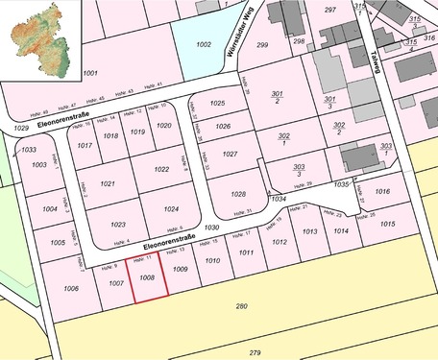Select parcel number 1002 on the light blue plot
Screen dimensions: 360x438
click(x=203, y=44)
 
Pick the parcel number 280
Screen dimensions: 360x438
click(x=241, y=306)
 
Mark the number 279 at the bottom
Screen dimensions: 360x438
click(x=255, y=353)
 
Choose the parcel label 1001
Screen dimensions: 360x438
click(x=90, y=73)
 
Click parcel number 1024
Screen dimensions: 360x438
click(x=171, y=208)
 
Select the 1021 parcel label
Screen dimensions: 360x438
click(x=107, y=183)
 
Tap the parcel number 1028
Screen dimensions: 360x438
click(x=238, y=193)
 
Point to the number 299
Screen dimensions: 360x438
click(x=262, y=44)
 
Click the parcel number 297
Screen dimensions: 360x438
click(x=330, y=9)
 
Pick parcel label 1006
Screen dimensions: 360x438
click(x=70, y=288)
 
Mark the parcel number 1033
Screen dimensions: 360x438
click(x=29, y=150)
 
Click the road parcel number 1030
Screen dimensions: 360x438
click(x=212, y=228)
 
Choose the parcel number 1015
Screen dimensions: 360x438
click(x=387, y=224)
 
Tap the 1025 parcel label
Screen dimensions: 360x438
click(x=217, y=103)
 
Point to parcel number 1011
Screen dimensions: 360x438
click(x=246, y=252)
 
